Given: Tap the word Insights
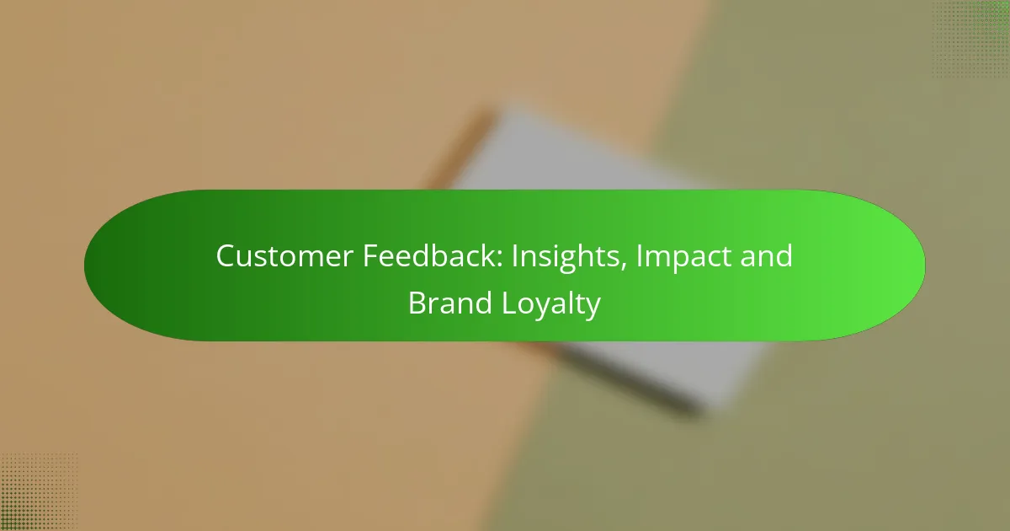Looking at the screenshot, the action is coord(565,258).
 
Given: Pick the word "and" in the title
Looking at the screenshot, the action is coord(766,255).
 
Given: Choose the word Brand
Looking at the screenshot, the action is coord(449,303).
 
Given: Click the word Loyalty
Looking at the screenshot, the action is coord(551,305).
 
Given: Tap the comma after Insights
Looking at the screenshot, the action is coord(623,267).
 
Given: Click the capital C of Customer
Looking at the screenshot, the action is coord(227,256).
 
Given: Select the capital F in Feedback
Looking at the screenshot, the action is coord(371,256).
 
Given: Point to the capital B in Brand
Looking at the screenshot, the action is coord(417,303).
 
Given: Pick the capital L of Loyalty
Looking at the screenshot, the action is coord(510,303).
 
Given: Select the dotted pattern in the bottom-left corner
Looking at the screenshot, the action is coord(39,492).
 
